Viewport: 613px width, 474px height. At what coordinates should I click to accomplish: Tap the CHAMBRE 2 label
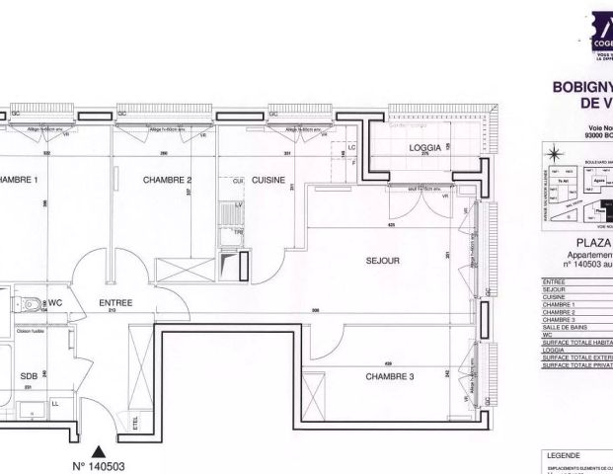pos(167,180)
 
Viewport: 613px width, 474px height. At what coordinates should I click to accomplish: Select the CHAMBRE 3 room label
pos(389,377)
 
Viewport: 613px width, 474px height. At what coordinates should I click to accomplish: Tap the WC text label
pos(55,302)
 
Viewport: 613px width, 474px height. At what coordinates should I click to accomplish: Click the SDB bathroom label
pos(29,377)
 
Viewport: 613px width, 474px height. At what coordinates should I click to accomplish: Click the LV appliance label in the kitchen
pos(238,203)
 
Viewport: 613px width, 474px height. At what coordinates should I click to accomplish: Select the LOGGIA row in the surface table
pos(558,349)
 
